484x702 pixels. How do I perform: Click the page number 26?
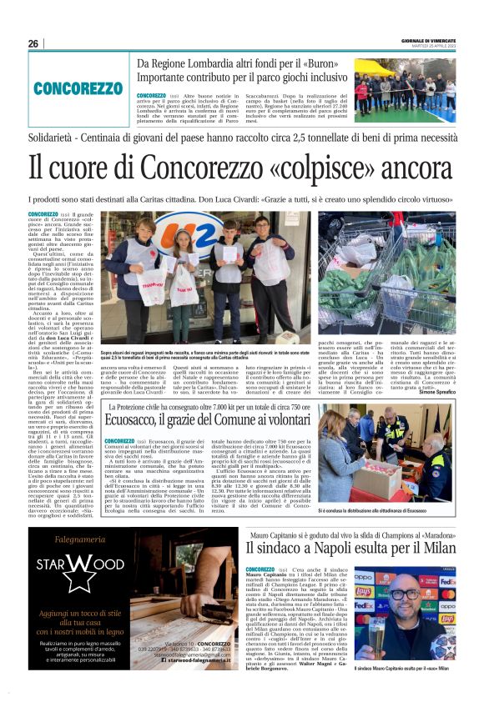tap(33, 43)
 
